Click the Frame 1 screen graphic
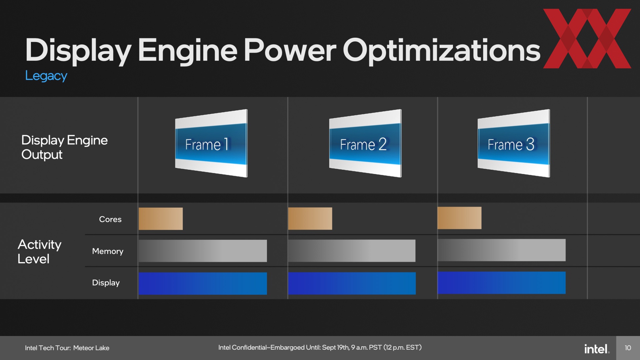coord(211,143)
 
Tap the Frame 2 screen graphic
coord(365,143)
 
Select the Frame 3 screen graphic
coord(514,143)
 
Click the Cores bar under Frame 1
coord(161,219)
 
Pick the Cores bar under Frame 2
coord(310,219)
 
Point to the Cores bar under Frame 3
coord(459,218)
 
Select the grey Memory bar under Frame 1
coord(203,251)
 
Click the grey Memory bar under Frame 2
coord(352,251)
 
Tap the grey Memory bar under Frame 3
coord(501,250)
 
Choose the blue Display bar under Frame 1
coord(203,283)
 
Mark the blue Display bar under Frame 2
coord(352,283)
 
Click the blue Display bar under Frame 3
coord(501,283)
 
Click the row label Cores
coord(110,219)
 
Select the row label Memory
coord(108,251)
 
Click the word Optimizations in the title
coord(442,51)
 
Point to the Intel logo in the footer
coord(597,349)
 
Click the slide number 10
coord(628,348)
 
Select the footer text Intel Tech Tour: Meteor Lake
coord(67,348)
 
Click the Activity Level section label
coord(39,252)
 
